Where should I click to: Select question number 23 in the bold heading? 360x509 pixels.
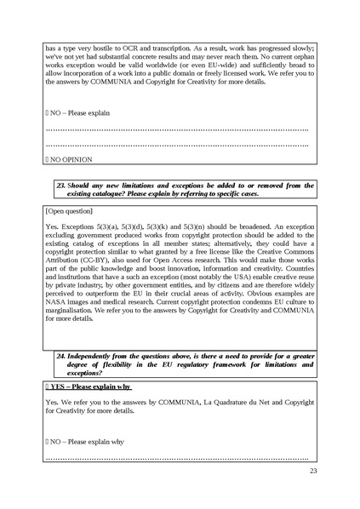click(60, 185)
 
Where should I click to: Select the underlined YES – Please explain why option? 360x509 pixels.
click(88, 386)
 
